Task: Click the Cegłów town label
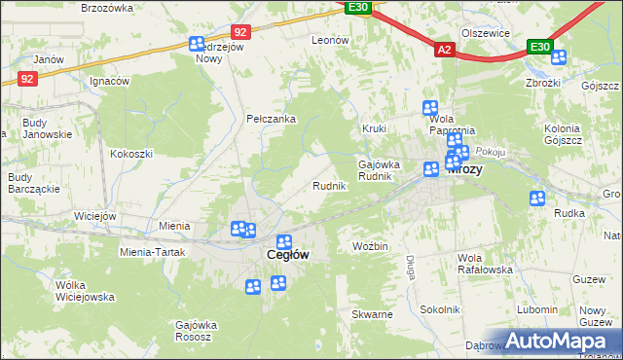click(x=288, y=255)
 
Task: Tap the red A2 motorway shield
click(x=444, y=49)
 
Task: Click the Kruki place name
click(x=375, y=128)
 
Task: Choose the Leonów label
click(x=329, y=40)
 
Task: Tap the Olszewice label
click(x=487, y=33)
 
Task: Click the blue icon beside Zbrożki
click(x=558, y=57)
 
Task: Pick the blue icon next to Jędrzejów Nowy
click(x=196, y=44)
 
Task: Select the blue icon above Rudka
click(x=537, y=198)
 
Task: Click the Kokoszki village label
click(x=131, y=154)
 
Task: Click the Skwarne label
click(x=373, y=314)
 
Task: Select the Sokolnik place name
click(x=439, y=308)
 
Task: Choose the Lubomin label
click(x=538, y=309)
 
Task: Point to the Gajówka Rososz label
click(x=195, y=330)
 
